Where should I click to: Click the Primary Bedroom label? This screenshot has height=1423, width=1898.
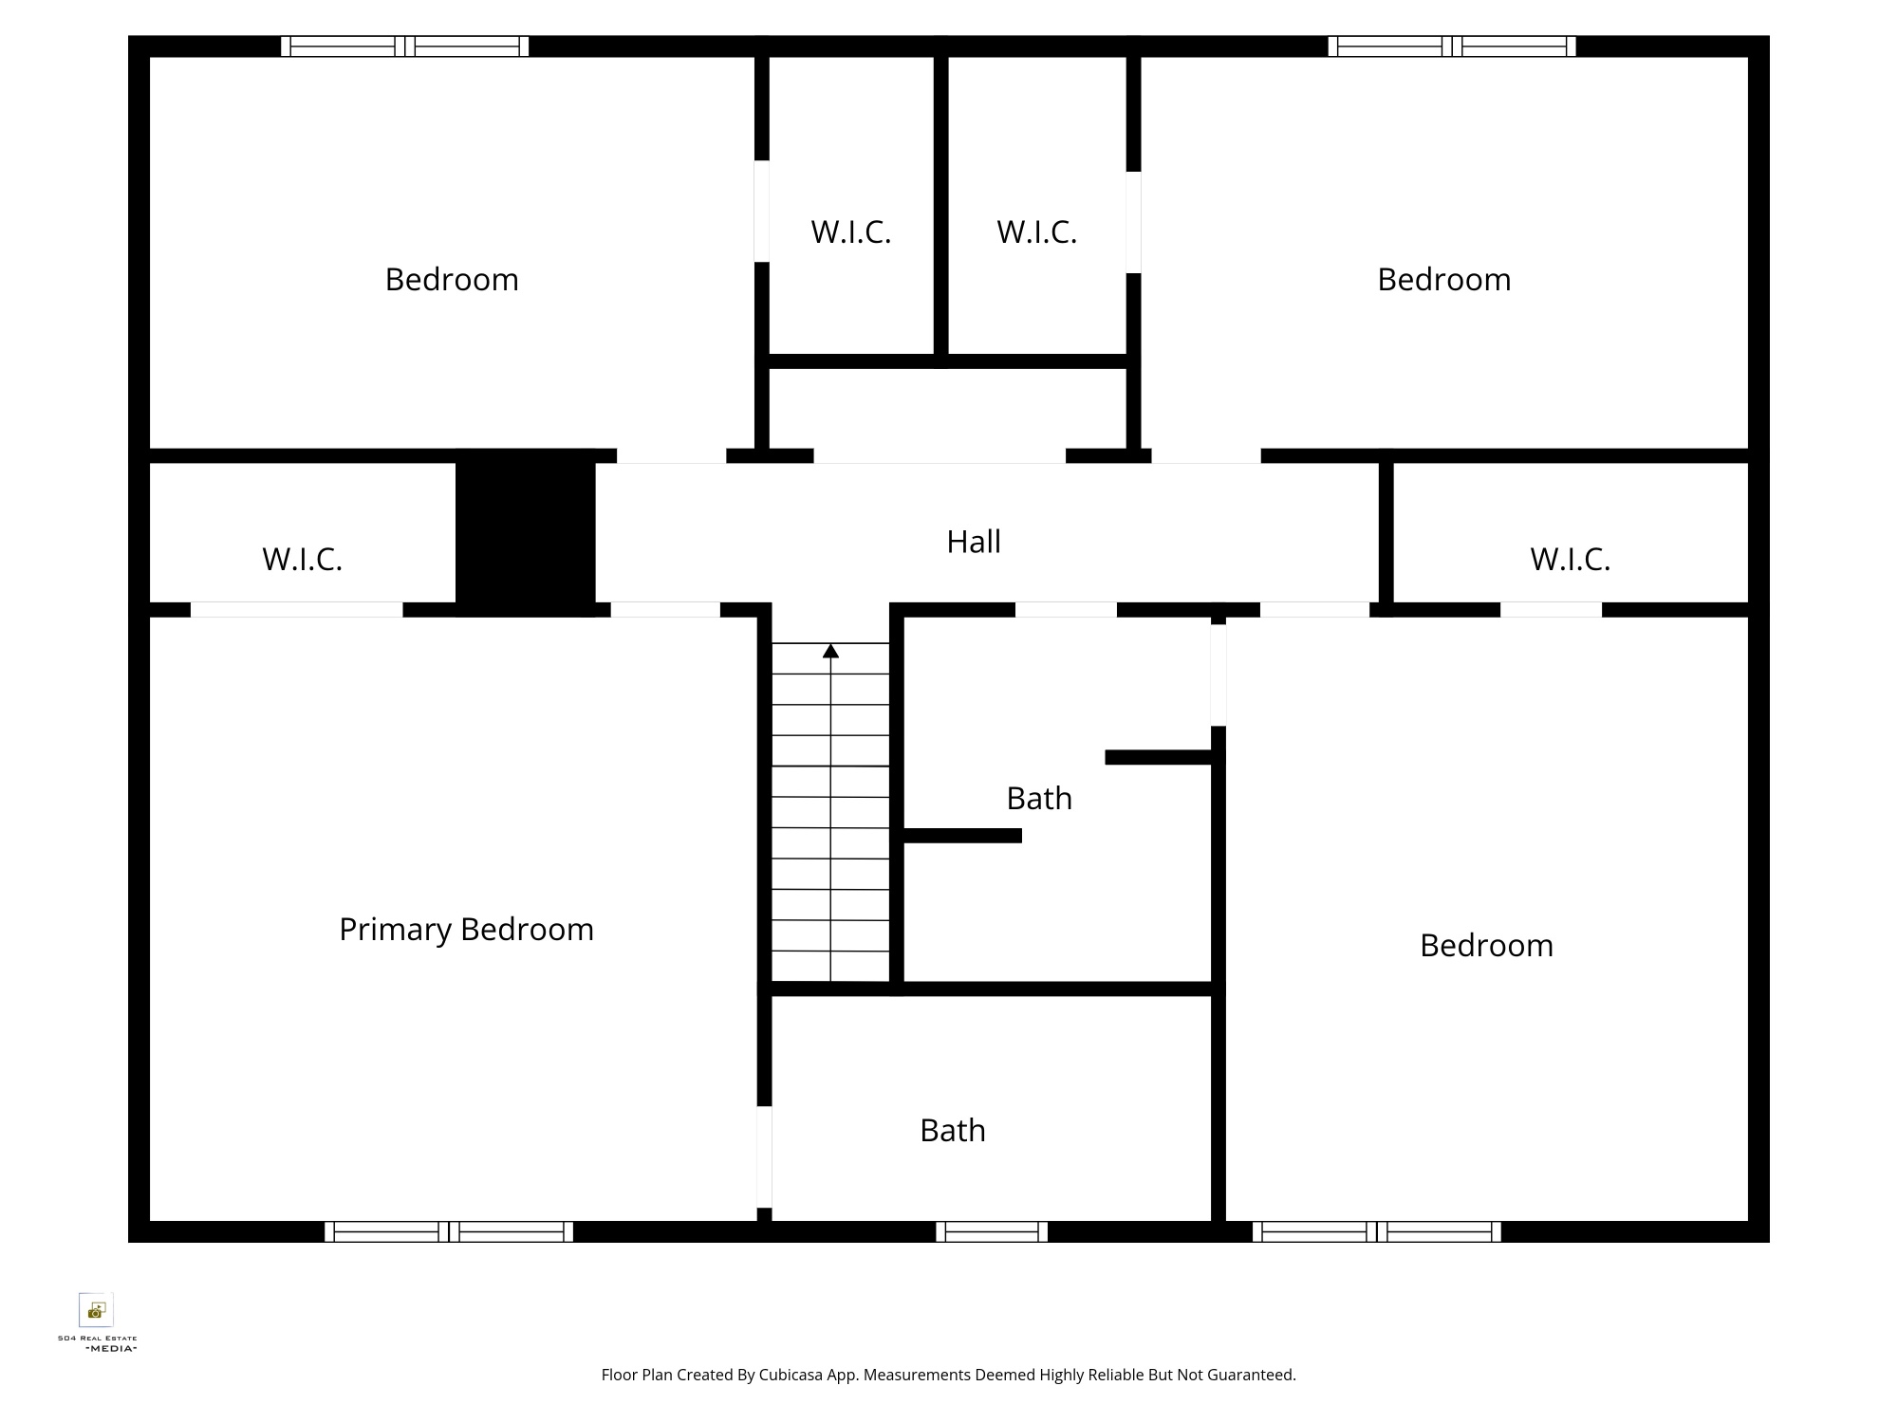[x=466, y=930]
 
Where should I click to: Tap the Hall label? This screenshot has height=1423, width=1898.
[x=974, y=542]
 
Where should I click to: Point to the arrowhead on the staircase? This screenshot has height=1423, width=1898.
[x=830, y=651]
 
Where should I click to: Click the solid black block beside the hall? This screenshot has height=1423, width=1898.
[x=526, y=532]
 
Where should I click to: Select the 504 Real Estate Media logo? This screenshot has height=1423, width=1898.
[x=97, y=1321]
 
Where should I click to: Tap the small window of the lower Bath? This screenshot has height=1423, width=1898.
[x=992, y=1231]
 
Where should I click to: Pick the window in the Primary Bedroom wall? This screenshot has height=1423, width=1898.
[x=449, y=1231]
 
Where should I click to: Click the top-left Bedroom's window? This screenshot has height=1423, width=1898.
[x=405, y=46]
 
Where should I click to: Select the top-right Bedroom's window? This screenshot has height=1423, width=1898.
[x=1452, y=46]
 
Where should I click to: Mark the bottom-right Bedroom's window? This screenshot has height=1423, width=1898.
[x=1377, y=1231]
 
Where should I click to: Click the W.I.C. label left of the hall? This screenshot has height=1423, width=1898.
[x=302, y=559]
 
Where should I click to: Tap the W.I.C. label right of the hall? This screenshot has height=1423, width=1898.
[x=1571, y=559]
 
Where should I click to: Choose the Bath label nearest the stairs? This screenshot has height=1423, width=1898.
[x=1039, y=799]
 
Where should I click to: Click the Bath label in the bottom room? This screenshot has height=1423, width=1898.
[x=953, y=1131]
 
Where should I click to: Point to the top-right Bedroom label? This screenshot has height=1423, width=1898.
[x=1444, y=280]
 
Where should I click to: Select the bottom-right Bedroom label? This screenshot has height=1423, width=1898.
[x=1486, y=946]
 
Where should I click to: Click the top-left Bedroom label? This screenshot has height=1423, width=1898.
[x=452, y=280]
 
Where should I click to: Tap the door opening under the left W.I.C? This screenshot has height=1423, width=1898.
[x=297, y=610]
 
